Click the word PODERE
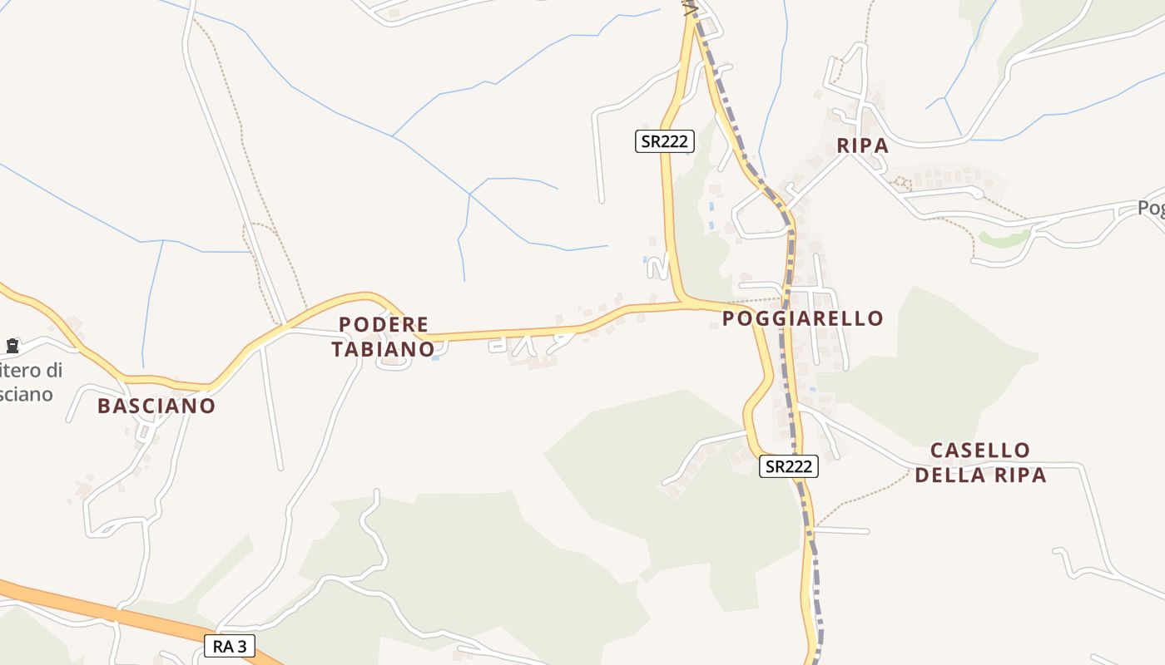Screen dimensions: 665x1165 tap(384, 324)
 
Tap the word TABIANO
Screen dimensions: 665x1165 tap(384, 349)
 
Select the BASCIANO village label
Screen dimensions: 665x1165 tap(156, 406)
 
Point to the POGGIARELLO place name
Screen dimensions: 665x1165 tap(803, 318)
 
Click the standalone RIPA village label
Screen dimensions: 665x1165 tap(863, 145)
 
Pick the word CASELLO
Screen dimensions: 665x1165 tap(980, 451)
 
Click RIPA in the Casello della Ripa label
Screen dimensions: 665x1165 tap(1020, 475)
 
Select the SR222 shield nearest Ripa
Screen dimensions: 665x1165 tap(665, 141)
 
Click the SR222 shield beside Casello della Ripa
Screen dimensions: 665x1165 tap(789, 466)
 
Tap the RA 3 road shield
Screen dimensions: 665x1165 tap(230, 646)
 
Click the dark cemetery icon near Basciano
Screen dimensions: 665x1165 tap(12, 345)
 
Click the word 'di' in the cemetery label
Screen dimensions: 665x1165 tap(52, 370)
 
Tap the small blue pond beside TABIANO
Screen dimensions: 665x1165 tap(435, 357)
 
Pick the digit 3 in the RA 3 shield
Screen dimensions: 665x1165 tap(242, 646)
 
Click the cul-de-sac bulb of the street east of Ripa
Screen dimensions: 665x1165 tap(979, 194)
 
